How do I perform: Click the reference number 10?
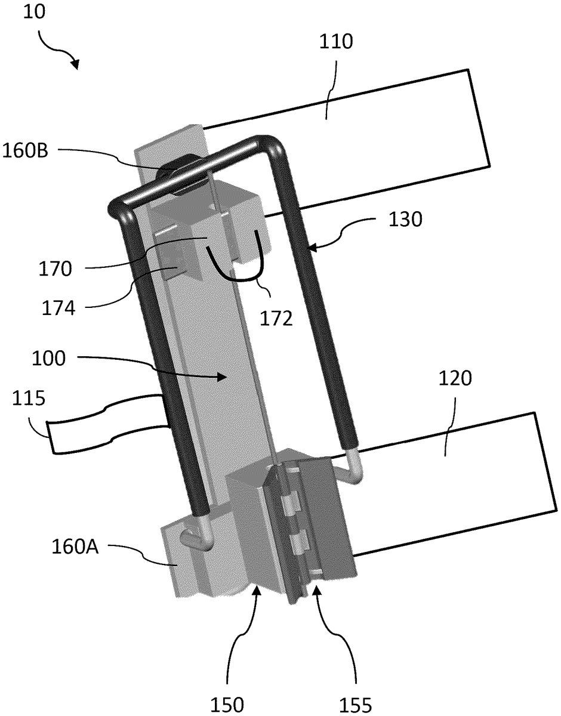pos(34,12)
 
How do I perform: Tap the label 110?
pos(336,42)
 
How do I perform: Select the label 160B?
pos(26,150)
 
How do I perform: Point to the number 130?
pos(405,219)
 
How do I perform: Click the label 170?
pos(55,269)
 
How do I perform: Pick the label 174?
pos(58,308)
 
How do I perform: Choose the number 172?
pos(276,319)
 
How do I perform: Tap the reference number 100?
pos(49,358)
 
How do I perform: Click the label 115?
pos(29,398)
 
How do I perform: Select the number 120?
pos(455,378)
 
